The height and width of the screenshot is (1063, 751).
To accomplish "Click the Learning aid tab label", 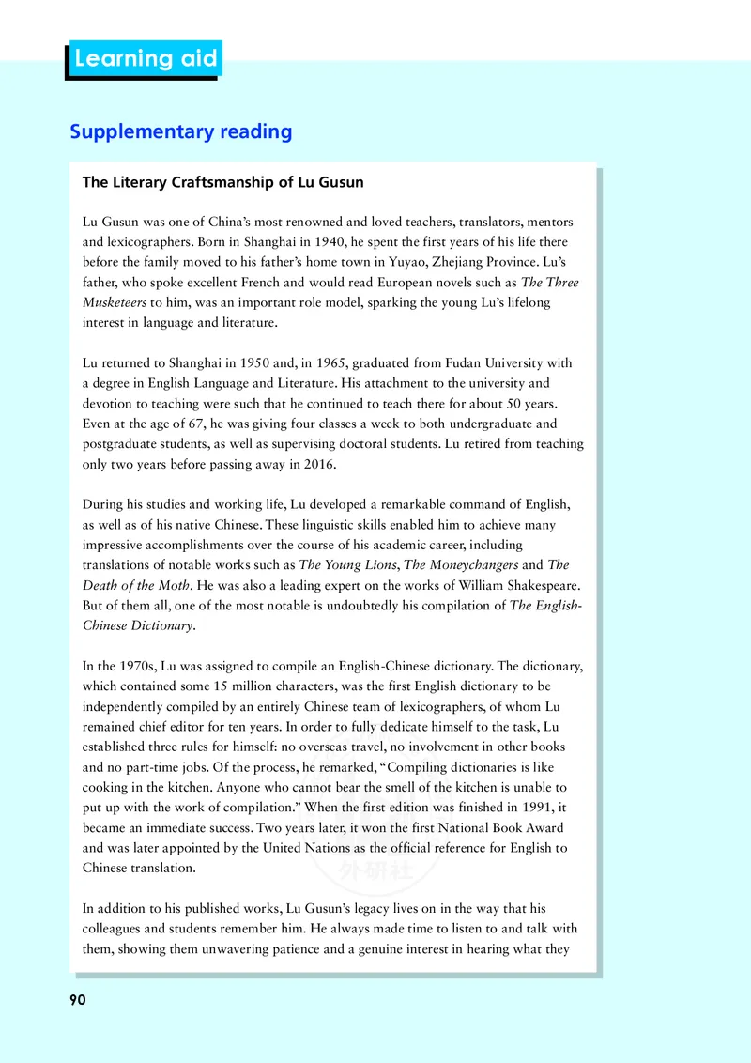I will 146,59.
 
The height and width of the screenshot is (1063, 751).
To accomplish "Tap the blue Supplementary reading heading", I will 181,131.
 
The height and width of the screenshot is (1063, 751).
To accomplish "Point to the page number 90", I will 78,1000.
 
